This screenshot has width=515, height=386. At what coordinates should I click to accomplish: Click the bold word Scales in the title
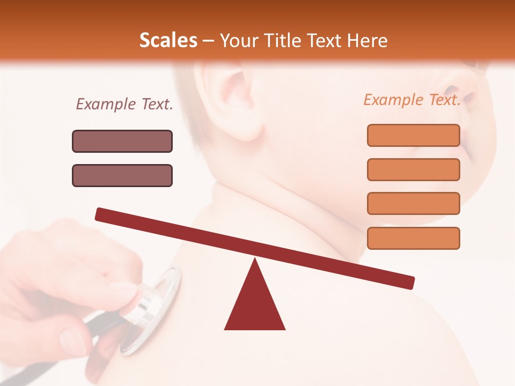168,41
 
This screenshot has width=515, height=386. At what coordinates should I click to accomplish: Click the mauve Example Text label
124,104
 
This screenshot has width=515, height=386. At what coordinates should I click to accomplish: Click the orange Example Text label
412,100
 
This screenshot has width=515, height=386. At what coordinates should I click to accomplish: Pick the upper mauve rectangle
122,141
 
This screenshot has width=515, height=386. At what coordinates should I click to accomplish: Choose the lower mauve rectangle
122,175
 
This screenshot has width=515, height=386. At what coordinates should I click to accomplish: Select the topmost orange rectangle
413,135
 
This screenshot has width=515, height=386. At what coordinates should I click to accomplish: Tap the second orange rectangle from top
413,169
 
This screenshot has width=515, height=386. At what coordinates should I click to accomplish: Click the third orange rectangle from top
413,203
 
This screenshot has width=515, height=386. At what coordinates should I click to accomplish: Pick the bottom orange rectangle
413,238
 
